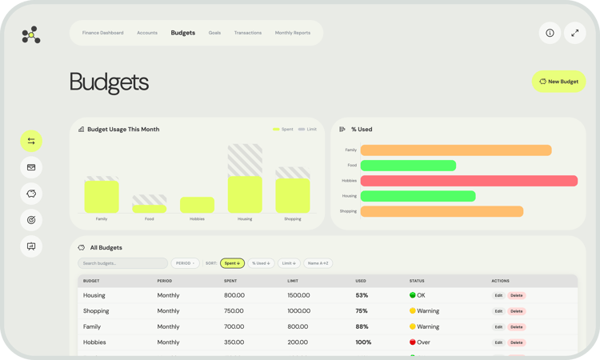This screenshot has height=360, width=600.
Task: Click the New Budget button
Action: click(559, 81)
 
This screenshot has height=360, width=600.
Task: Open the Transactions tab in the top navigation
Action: click(248, 33)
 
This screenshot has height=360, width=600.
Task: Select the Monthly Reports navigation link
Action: click(293, 33)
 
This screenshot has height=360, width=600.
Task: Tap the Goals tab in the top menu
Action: click(214, 33)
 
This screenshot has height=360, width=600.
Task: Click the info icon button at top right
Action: click(550, 33)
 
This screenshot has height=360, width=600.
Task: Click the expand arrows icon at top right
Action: click(575, 33)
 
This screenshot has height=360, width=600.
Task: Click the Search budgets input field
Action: click(122, 263)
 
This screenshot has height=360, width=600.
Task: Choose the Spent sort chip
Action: click(232, 263)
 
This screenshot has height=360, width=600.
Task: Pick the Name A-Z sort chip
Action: click(318, 263)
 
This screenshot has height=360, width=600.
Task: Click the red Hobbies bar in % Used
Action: click(469, 181)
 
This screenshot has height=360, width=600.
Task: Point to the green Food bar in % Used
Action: click(408, 166)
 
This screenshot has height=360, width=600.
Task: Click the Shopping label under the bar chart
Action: click(293, 218)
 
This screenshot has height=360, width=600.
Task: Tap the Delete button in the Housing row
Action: click(517, 295)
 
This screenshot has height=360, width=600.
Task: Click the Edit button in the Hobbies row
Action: click(498, 342)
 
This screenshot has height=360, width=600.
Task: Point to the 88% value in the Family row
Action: click(362, 326)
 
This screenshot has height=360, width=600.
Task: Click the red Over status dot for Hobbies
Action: click(413, 342)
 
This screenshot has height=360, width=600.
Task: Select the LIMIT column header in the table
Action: click(293, 281)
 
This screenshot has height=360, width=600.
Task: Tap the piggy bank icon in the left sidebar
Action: click(31, 194)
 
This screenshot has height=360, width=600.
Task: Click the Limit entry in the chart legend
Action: click(308, 129)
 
